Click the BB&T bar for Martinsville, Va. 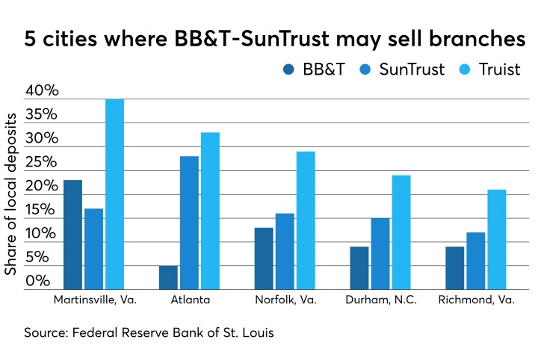click(x=72, y=235)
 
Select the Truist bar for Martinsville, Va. click(x=114, y=194)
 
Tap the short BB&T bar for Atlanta click(x=168, y=277)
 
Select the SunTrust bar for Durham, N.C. click(x=380, y=254)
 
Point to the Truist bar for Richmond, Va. click(x=497, y=240)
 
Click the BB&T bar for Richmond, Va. click(x=454, y=268)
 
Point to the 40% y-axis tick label click(x=42, y=91)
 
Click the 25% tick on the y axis click(x=42, y=163)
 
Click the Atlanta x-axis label click(x=189, y=300)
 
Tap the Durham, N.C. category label click(x=380, y=300)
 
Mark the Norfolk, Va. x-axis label click(x=285, y=300)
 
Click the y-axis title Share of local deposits click(x=11, y=190)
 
